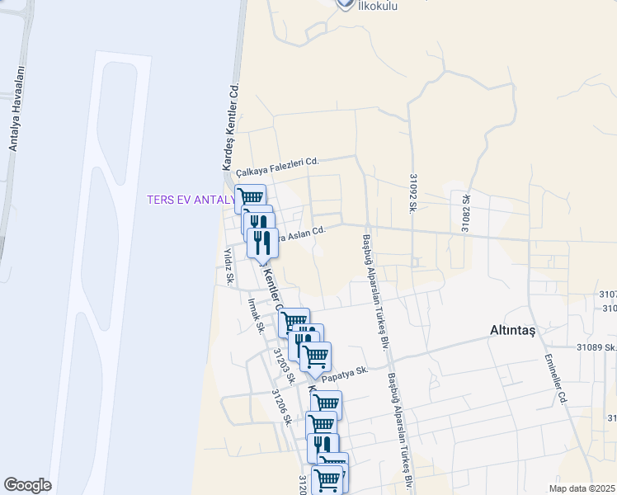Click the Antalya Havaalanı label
click(x=14, y=120)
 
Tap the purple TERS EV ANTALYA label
click(x=191, y=200)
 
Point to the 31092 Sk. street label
click(x=412, y=191)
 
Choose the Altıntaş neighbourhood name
click(x=513, y=331)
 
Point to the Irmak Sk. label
click(x=255, y=315)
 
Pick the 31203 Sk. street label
click(x=283, y=364)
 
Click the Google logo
click(x=27, y=485)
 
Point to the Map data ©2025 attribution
click(x=582, y=488)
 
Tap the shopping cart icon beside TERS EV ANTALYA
click(x=250, y=197)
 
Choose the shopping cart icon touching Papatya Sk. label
click(x=315, y=357)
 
